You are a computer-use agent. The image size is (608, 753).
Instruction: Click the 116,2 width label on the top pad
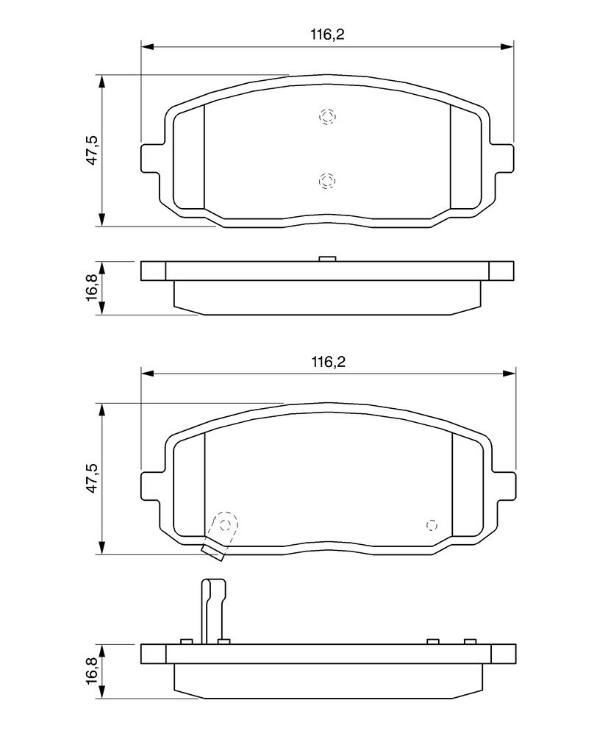328,35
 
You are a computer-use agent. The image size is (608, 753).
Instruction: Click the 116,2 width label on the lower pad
329,362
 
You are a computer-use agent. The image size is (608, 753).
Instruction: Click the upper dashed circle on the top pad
328,116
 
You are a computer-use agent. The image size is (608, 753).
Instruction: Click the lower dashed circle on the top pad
327,181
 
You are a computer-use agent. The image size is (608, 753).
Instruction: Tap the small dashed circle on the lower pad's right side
432,525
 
